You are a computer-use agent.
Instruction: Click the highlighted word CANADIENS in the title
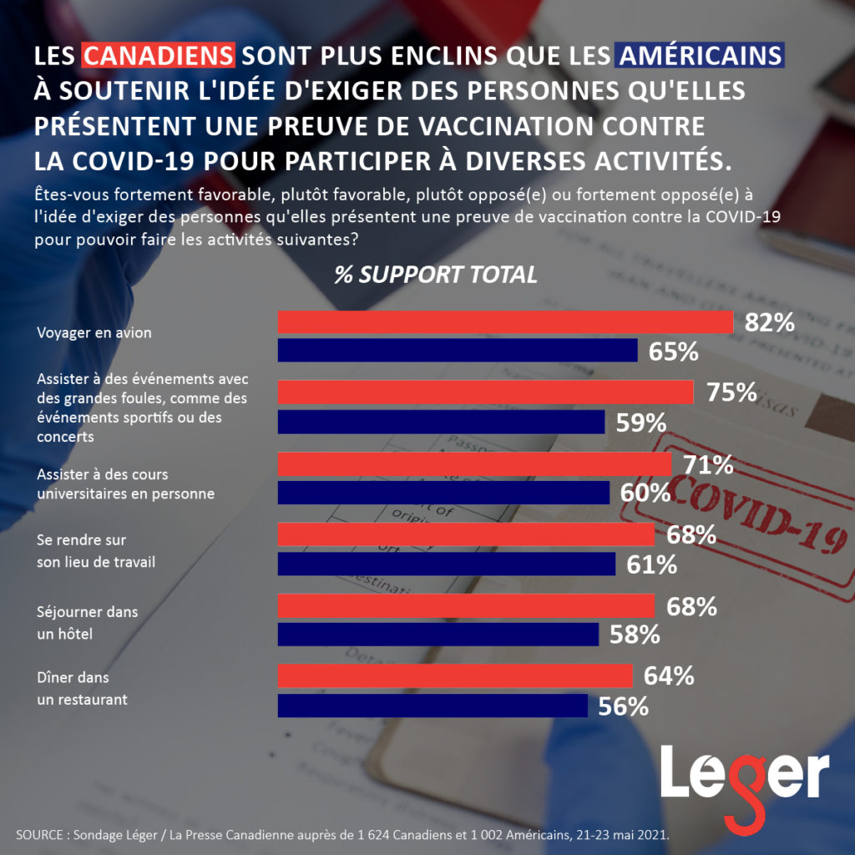pos(159,55)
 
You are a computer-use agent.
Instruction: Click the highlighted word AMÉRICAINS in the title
pos(700,55)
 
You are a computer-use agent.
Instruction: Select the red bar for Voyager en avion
pos(504,321)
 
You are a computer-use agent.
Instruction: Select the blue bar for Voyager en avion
pos(457,351)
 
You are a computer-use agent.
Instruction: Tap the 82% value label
pos(769,322)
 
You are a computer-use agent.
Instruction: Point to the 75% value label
pos(731,392)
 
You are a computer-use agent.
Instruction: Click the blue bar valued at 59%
pos(440,422)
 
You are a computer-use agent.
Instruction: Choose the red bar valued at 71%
pos(473,463)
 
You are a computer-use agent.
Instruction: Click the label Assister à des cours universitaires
pos(125,484)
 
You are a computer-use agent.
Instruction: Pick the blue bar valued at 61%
pos(446,564)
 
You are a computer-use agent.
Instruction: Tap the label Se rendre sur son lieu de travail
pos(96,551)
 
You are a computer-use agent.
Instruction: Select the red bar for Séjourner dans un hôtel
pos(465,605)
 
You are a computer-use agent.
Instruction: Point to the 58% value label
pos(634,635)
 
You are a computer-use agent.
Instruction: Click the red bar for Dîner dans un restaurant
pos(454,675)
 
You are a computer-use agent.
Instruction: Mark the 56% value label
pos(623,706)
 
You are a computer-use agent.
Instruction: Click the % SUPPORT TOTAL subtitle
pos(436,276)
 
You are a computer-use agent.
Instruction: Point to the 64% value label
pos(668,675)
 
